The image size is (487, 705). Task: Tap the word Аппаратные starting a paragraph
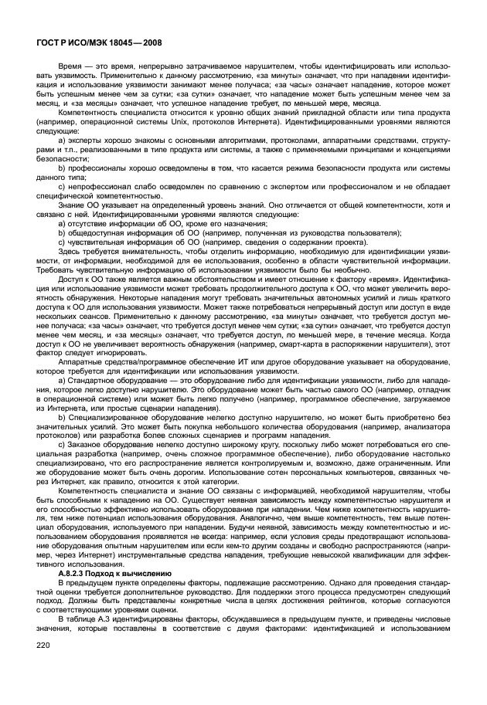(x=81, y=362)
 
